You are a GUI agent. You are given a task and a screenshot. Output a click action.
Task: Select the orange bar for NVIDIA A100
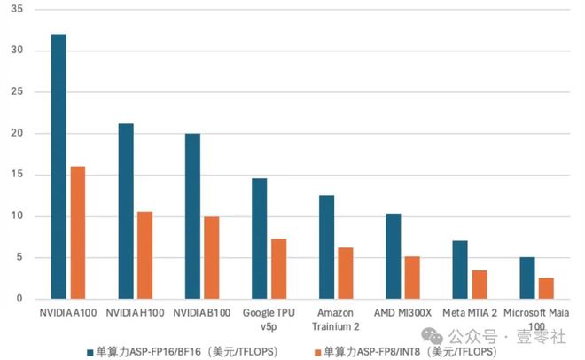[x=78, y=232]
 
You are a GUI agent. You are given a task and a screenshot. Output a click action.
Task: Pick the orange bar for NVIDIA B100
[x=211, y=257]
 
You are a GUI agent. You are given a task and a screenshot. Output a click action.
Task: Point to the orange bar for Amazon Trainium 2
[x=345, y=273]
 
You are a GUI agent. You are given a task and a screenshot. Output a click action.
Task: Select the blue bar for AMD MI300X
[x=393, y=256]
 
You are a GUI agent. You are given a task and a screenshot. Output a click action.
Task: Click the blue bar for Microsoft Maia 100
[x=526, y=278]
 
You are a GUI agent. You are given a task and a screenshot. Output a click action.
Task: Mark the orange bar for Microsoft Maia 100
[x=546, y=288]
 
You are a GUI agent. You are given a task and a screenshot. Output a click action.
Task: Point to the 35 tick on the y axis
[x=18, y=9]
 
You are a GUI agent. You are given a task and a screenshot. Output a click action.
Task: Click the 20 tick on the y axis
[x=18, y=133]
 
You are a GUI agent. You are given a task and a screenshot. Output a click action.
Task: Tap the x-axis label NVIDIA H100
[x=135, y=313]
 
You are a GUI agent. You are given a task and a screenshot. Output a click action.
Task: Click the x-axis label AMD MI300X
[x=402, y=313]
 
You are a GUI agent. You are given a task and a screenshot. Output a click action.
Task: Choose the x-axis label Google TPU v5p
[x=269, y=319]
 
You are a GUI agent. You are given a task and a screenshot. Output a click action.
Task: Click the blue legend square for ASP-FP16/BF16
[x=90, y=351]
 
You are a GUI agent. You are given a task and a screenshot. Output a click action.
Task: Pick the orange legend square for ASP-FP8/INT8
[x=317, y=351]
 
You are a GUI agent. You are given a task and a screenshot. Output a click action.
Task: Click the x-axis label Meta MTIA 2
[x=469, y=313]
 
